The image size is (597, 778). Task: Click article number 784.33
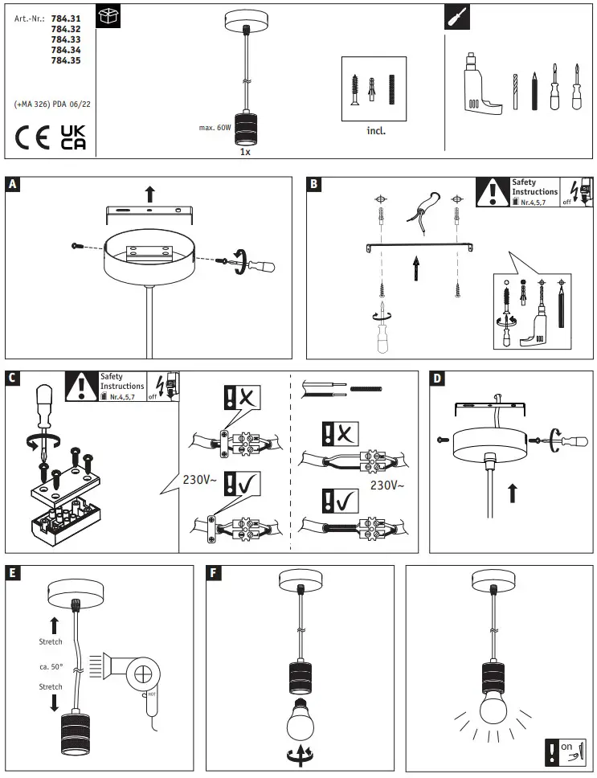(65, 39)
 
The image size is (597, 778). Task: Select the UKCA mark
(73, 137)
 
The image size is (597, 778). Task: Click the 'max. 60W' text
(215, 127)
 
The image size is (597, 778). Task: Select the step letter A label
(12, 185)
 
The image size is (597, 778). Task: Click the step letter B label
(314, 185)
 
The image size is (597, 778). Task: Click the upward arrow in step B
(416, 267)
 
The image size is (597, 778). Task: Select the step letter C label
(12, 378)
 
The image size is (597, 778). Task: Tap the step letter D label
(437, 378)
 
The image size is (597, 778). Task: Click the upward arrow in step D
(512, 492)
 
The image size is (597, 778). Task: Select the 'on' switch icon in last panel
(566, 751)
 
